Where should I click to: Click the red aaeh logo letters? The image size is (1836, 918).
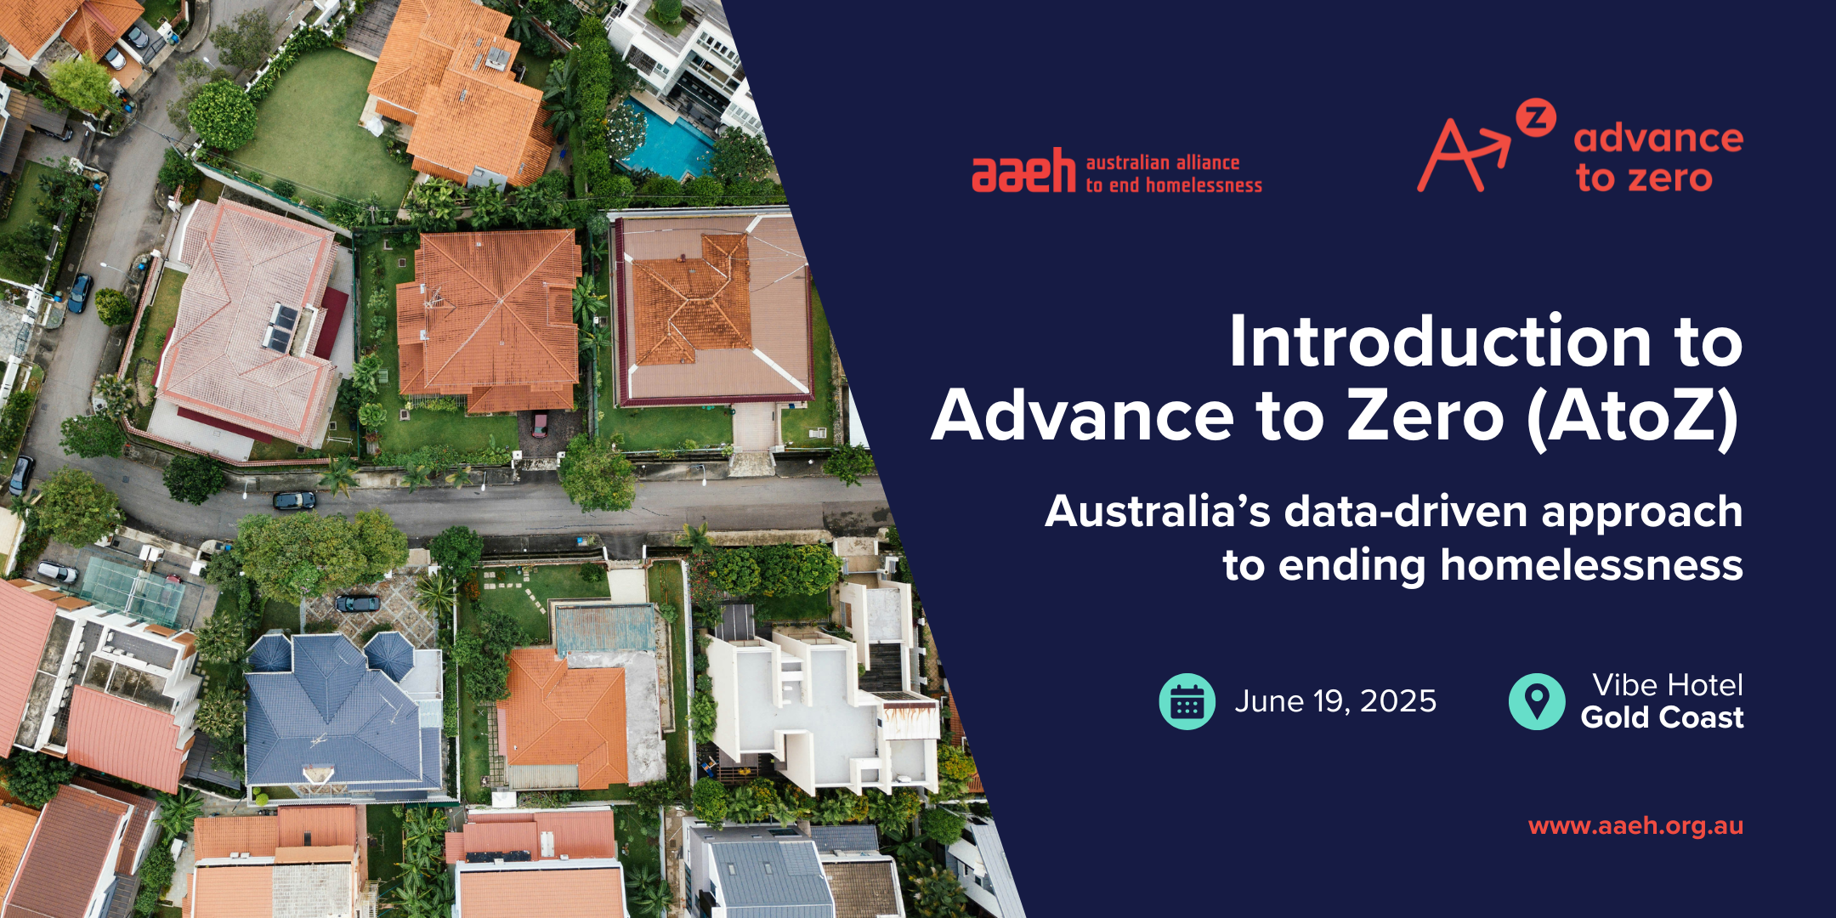pyautogui.click(x=1023, y=171)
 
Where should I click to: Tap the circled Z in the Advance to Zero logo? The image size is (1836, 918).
pyautogui.click(x=1537, y=118)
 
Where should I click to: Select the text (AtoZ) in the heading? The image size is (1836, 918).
pyautogui.click(x=1632, y=416)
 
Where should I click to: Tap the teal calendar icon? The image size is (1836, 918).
pyautogui.click(x=1187, y=701)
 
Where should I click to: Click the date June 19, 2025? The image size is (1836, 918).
pyautogui.click(x=1335, y=701)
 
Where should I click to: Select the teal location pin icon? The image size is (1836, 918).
pyautogui.click(x=1537, y=701)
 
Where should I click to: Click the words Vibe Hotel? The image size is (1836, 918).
pyautogui.click(x=1668, y=685)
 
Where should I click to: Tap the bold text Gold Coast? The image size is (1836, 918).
pyautogui.click(x=1662, y=717)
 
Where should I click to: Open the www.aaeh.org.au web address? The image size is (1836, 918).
pyautogui.click(x=1635, y=825)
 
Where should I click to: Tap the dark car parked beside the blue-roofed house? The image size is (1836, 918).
pyautogui.click(x=357, y=603)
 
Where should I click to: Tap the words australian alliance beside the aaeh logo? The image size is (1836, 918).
pyautogui.click(x=1163, y=162)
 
